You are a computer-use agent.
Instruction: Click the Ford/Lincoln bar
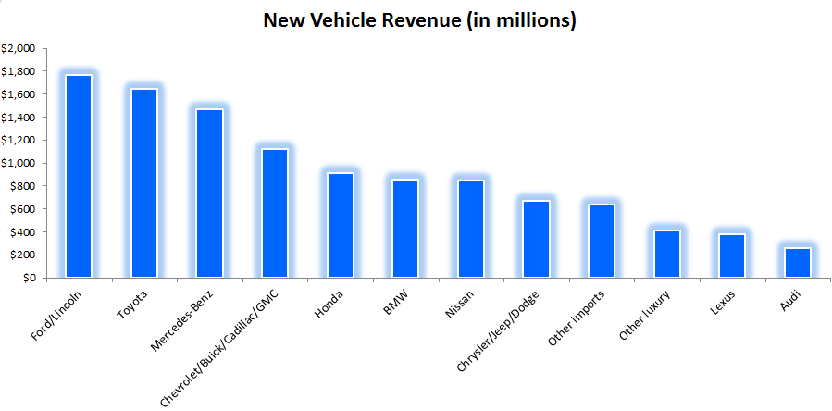tap(78, 176)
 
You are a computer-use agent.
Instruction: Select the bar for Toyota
tap(143, 183)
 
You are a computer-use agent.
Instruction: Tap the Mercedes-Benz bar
tap(209, 193)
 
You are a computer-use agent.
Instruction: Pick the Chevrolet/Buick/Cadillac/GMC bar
tap(275, 213)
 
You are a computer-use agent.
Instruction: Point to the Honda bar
tap(341, 225)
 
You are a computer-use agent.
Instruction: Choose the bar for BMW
tap(405, 228)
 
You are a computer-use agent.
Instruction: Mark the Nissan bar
tap(471, 229)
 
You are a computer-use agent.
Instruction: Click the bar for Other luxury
tap(667, 254)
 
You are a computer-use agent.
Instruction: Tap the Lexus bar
tap(732, 255)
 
